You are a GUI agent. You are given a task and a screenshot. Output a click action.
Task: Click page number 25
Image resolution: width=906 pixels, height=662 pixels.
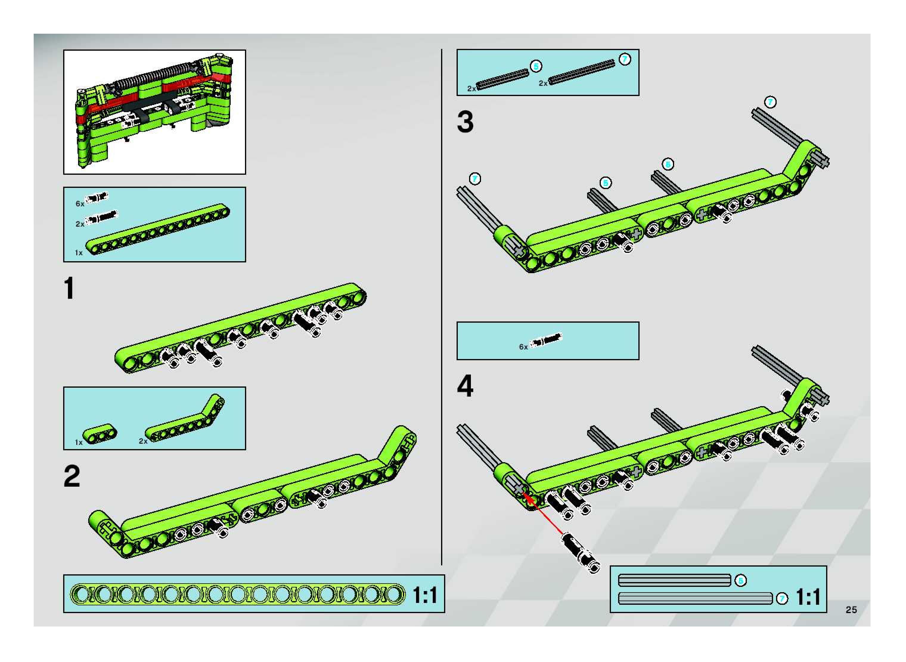[x=851, y=610]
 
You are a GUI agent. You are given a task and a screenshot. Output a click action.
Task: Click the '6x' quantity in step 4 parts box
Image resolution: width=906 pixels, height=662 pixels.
[x=523, y=347]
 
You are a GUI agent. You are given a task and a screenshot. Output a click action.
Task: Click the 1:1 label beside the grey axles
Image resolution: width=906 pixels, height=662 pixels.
[x=808, y=597]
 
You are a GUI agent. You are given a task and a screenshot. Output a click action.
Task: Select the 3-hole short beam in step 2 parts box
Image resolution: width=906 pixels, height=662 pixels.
[x=100, y=434]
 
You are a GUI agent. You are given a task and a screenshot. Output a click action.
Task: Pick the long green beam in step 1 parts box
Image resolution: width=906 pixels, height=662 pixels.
[x=158, y=230]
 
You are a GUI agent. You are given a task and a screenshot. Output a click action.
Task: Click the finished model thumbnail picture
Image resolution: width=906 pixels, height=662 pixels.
[x=155, y=112]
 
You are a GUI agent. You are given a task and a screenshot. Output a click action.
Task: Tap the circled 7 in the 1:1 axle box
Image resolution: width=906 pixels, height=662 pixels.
[x=782, y=599]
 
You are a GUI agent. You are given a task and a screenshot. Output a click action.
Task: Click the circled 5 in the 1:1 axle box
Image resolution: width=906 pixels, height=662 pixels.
[x=741, y=580]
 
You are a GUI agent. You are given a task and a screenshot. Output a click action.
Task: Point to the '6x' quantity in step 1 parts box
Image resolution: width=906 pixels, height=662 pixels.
[x=80, y=204]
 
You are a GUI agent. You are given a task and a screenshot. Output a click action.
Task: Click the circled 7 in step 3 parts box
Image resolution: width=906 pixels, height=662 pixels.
[x=624, y=59]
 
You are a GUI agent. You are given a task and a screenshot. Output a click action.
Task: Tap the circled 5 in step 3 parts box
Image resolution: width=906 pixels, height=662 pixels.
[x=536, y=66]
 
